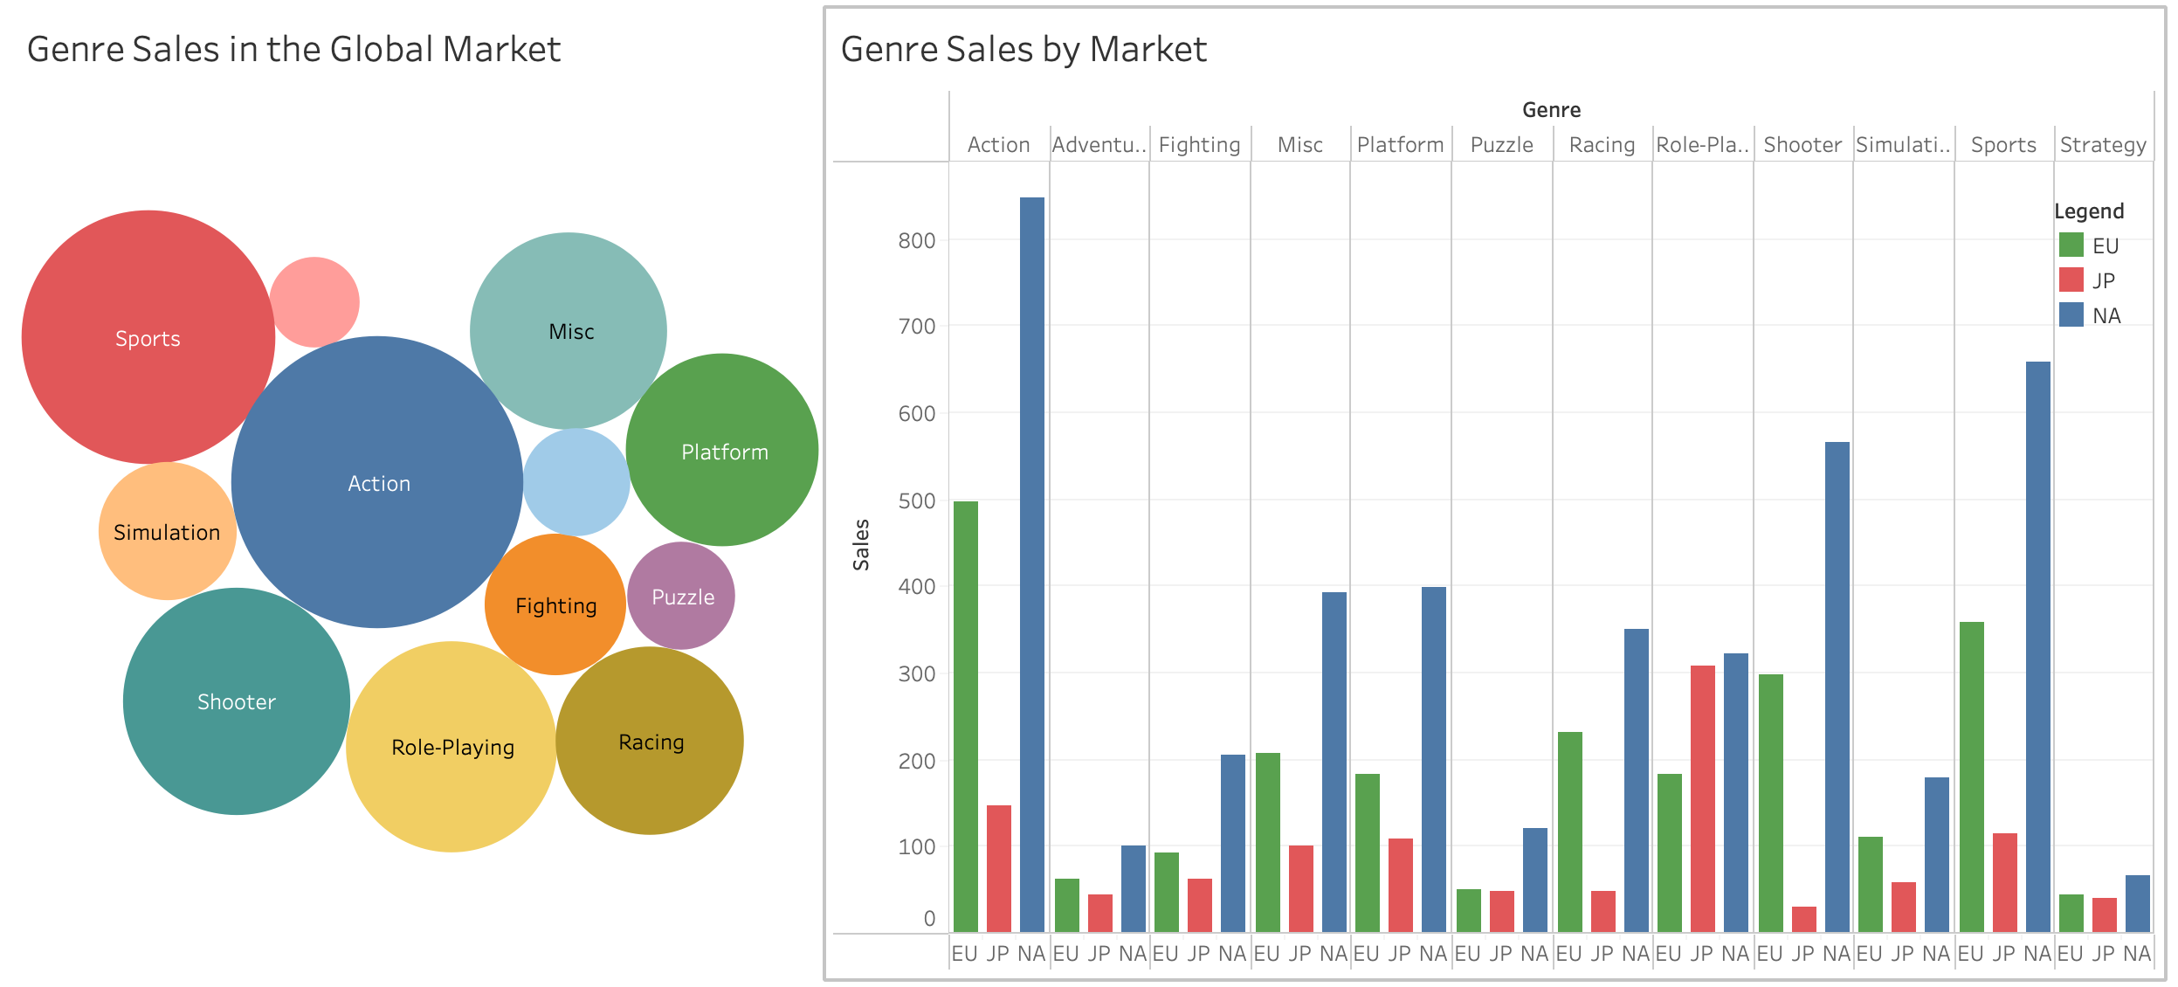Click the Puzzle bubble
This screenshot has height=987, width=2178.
coord(681,597)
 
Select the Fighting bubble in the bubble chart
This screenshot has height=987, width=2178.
coord(555,605)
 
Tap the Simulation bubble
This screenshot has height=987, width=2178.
coord(167,532)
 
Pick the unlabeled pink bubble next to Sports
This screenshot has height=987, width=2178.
coord(314,301)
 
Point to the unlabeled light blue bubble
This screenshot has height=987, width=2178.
coord(576,482)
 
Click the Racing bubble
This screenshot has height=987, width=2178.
coord(650,742)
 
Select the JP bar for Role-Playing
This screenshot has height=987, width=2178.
coord(1703,798)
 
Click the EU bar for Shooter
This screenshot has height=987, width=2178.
coord(1771,803)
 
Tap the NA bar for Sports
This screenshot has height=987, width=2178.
coord(2038,646)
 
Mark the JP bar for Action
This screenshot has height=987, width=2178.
coord(999,868)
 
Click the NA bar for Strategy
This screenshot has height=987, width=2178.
coord(2138,903)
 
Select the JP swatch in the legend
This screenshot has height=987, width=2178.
coord(2071,280)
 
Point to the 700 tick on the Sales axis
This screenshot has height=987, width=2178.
coord(917,327)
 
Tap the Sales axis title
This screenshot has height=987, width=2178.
coord(862,545)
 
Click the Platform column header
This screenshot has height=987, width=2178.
coord(1401,145)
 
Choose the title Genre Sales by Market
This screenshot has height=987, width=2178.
coord(1024,50)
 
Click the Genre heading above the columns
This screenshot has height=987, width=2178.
coord(1551,110)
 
